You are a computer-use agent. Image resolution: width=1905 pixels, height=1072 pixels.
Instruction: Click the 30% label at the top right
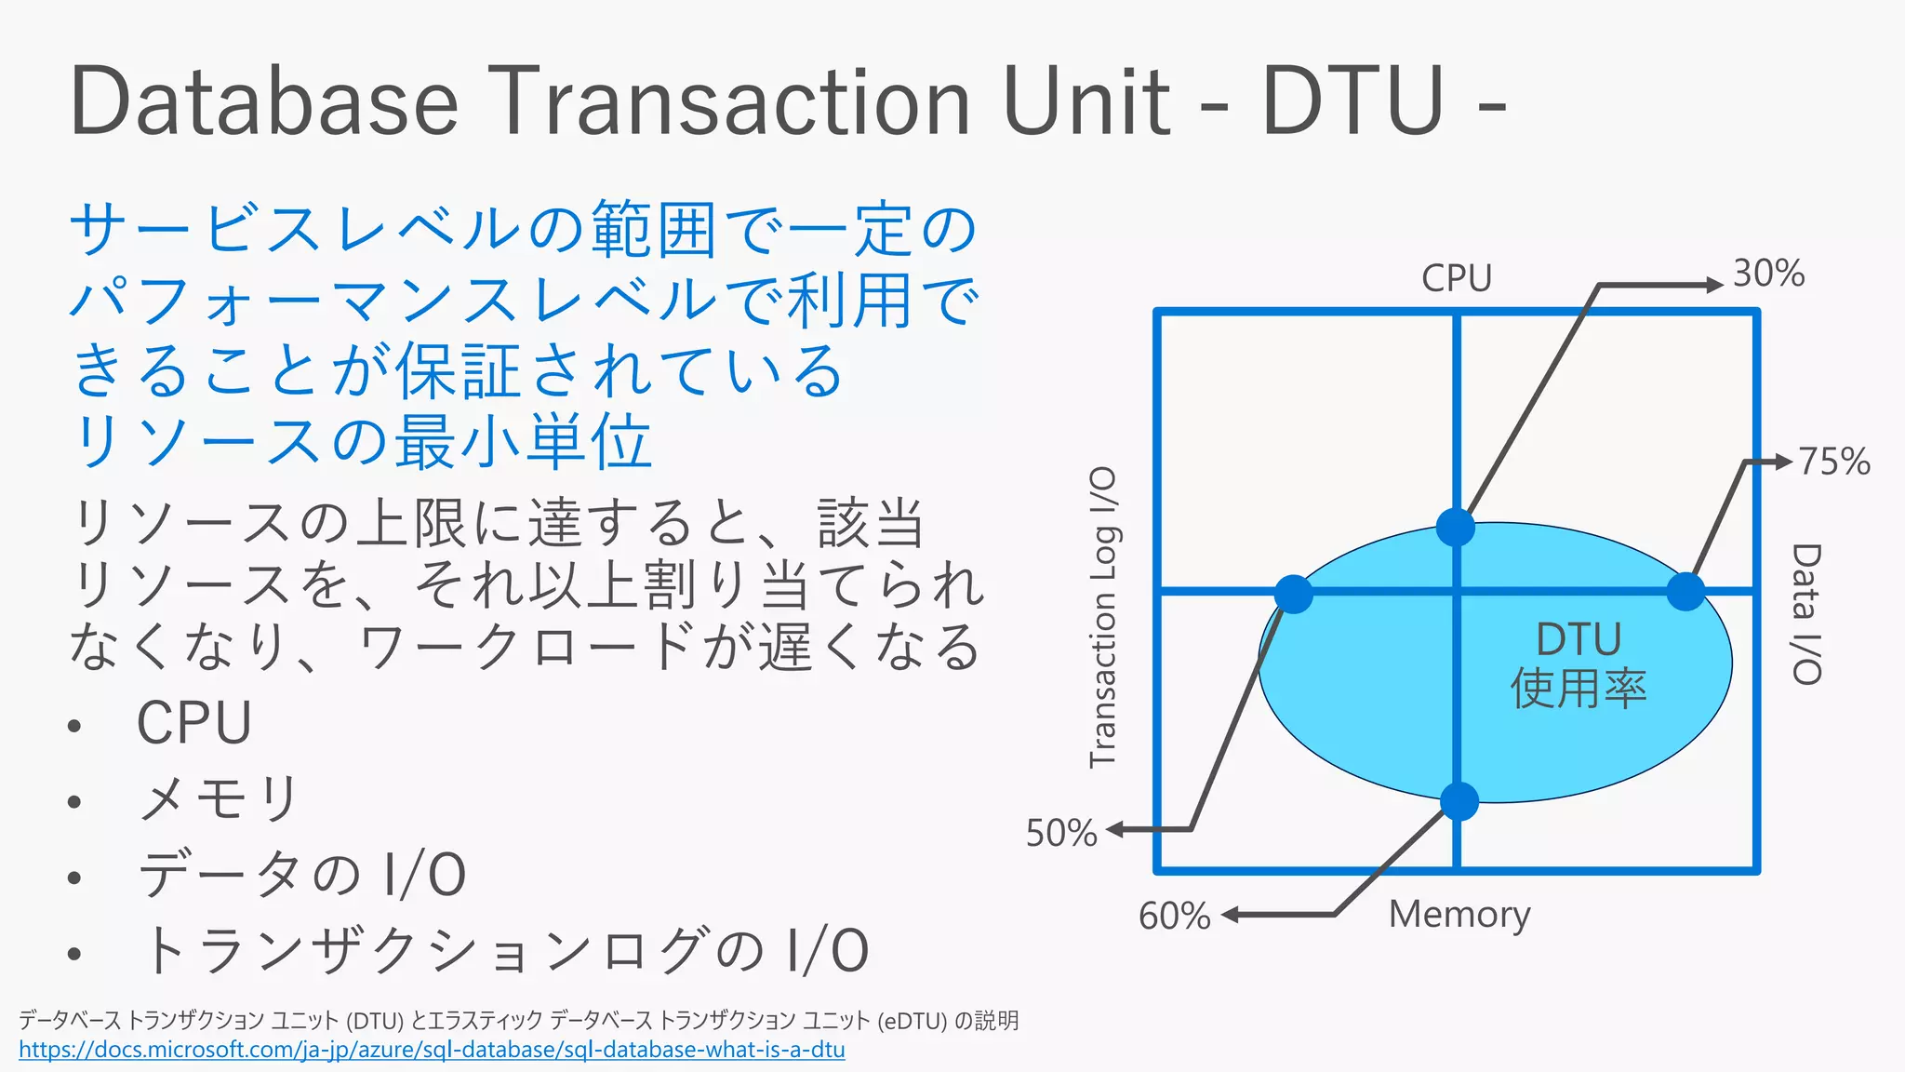tap(1768, 274)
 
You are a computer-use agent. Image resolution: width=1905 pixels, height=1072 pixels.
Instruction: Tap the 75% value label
tap(1833, 462)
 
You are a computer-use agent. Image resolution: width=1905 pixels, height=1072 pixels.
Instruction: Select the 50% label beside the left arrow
tap(1060, 833)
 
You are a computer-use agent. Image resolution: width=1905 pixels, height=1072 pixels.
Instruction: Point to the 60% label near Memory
tap(1174, 917)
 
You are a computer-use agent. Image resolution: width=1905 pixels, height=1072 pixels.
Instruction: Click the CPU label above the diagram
tap(1456, 278)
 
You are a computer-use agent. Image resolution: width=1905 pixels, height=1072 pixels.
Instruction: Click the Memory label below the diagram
tap(1459, 915)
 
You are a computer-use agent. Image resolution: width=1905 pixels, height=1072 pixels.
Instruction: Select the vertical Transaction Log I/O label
tap(1103, 617)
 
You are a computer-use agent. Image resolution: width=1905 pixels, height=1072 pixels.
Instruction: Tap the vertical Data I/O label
tap(1805, 614)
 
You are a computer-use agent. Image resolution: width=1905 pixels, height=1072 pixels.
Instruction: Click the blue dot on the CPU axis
tap(1456, 527)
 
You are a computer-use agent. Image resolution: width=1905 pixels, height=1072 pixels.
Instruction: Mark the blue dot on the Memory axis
tap(1459, 801)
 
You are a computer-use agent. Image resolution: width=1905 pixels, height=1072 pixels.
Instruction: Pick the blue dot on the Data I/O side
tap(1685, 592)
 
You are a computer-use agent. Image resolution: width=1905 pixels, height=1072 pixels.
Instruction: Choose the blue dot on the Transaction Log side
tap(1293, 594)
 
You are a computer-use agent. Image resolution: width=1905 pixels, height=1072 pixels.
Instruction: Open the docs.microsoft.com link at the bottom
tap(432, 1051)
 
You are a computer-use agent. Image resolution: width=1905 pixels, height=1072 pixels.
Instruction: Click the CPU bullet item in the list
tap(194, 723)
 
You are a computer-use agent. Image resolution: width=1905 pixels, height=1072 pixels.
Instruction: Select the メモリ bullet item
tap(218, 798)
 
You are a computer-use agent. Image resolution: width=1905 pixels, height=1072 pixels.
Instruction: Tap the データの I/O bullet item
tap(301, 875)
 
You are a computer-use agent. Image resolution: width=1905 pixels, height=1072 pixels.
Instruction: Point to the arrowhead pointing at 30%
tap(1714, 285)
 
